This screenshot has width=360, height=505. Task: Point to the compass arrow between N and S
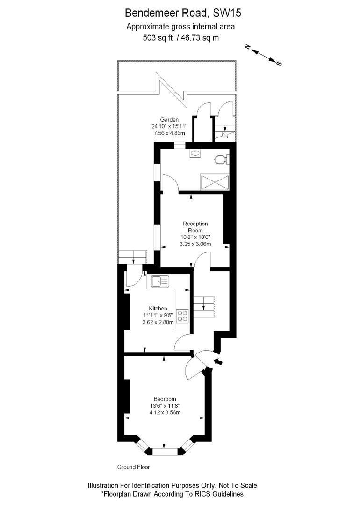(264, 54)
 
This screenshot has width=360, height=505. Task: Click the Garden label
(169, 120)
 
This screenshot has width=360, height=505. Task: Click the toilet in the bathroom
(220, 160)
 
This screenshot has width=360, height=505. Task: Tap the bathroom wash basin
(195, 153)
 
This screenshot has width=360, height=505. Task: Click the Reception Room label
(195, 227)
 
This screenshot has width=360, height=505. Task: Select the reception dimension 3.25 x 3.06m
(195, 244)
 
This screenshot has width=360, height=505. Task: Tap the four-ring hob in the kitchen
(182, 316)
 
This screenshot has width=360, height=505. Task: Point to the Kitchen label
(158, 309)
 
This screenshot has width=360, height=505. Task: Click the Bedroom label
(165, 399)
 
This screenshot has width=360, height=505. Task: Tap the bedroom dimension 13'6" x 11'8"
(165, 406)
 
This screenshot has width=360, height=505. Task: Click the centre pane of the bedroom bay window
(165, 451)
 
